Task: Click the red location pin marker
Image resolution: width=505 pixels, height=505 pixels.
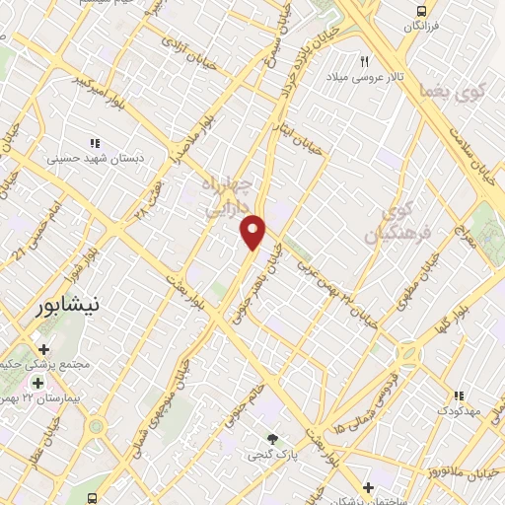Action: (253, 232)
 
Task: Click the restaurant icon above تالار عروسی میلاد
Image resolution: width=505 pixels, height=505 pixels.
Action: (365, 61)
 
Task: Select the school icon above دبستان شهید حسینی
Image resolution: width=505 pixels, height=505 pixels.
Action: (96, 141)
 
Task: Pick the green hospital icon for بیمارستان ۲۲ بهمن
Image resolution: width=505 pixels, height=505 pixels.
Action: (38, 384)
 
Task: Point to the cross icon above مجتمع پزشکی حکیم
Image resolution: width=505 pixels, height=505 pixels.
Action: (43, 349)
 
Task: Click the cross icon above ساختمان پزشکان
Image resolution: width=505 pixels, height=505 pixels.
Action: (368, 487)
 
